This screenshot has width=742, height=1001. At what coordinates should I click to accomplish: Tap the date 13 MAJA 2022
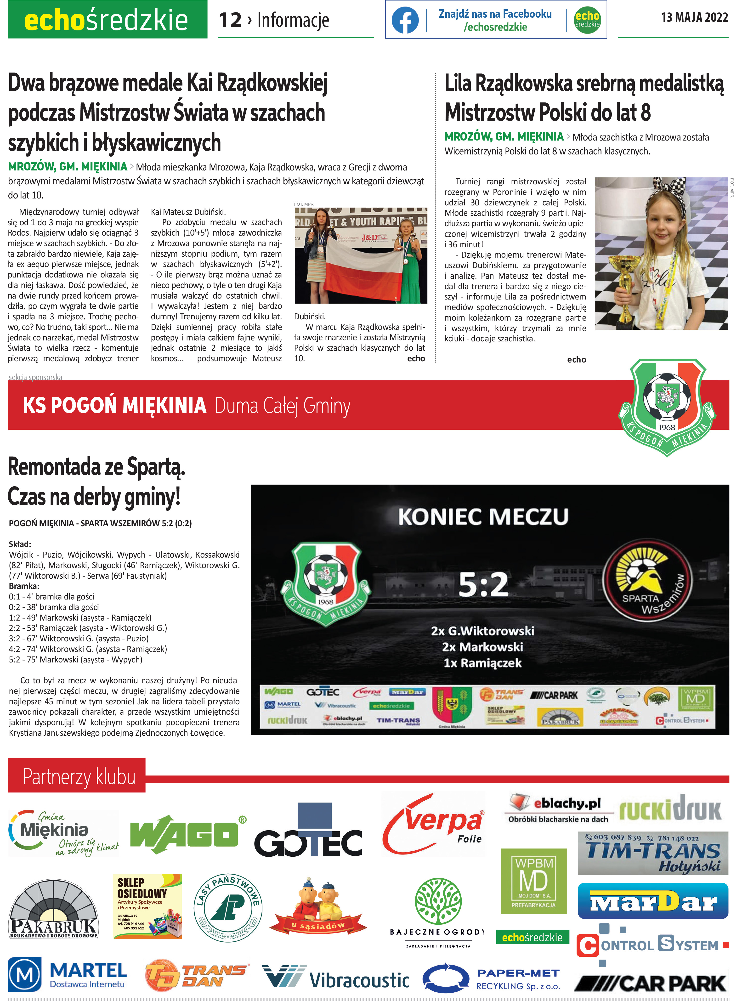[694, 17]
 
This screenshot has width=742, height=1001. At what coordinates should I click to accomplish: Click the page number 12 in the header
[230, 20]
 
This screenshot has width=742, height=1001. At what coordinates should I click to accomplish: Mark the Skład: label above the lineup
[20, 544]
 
